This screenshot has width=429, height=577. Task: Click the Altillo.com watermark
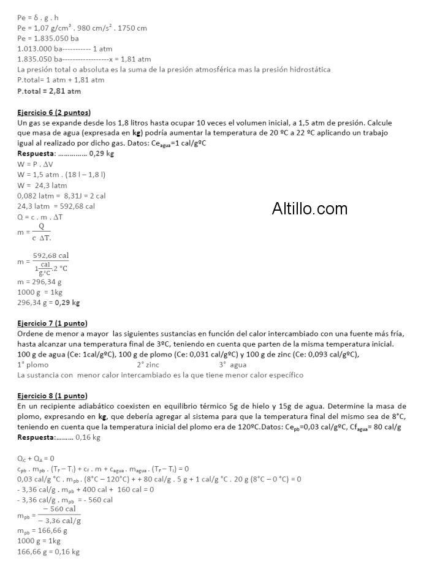point(309,209)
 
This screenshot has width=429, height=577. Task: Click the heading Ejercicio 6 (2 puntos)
point(54,113)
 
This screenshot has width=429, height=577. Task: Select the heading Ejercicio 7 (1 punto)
point(52,323)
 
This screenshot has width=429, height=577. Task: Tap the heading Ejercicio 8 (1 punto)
point(52,395)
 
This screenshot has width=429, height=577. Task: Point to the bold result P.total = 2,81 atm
point(49,91)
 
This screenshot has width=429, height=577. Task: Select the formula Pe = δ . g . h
point(39,18)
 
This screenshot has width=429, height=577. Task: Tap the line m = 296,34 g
point(40,282)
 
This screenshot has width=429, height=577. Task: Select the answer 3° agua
point(233,364)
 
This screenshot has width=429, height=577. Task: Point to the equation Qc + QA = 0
point(36,458)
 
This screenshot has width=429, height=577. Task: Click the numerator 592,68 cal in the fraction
point(51,255)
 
